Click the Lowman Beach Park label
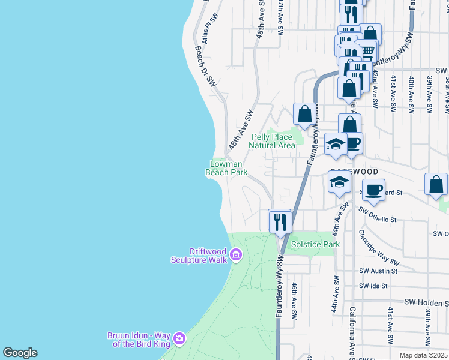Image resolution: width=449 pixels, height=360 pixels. click(x=226, y=168)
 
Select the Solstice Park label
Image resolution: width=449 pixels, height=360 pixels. click(x=315, y=244)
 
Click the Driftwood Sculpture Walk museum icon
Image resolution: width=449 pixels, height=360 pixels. click(x=235, y=256)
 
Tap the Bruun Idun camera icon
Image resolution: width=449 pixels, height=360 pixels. click(x=179, y=340)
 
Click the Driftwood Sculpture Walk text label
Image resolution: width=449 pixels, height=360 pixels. click(x=199, y=256)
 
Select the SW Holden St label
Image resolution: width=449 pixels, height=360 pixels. click(x=426, y=302)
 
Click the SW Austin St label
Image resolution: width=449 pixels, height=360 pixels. click(x=378, y=271)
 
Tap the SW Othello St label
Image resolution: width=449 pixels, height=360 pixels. click(x=378, y=211)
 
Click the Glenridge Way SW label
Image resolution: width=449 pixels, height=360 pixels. click(x=379, y=247)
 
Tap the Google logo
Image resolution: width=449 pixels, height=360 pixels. click(x=20, y=353)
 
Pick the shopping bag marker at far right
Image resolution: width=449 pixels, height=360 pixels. click(x=436, y=185)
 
